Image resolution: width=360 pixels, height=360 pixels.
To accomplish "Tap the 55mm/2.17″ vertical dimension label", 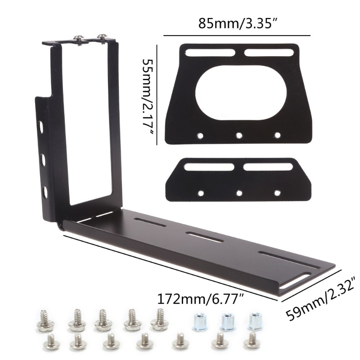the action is click(148, 97).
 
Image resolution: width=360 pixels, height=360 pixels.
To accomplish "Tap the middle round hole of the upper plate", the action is click(239, 136).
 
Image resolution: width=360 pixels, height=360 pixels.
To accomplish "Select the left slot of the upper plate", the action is click(210, 53).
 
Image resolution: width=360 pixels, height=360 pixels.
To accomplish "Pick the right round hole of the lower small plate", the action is click(277, 193).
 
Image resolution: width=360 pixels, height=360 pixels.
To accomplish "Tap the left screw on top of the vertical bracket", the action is click(78, 39).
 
